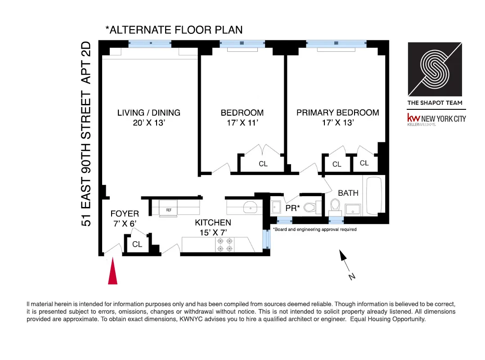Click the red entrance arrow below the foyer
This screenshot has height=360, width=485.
pyautogui.click(x=112, y=273)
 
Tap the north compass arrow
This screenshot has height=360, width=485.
pyautogui.click(x=344, y=257)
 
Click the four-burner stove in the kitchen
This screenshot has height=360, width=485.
pyautogui.click(x=225, y=245)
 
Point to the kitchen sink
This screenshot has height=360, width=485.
pyautogui.click(x=249, y=207)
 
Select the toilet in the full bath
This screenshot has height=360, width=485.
pyautogui.click(x=334, y=207)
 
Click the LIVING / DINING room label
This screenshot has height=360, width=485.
pyautogui.click(x=148, y=113)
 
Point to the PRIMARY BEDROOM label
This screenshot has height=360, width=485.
pyautogui.click(x=337, y=113)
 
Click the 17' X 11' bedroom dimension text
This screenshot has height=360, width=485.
pyautogui.click(x=242, y=122)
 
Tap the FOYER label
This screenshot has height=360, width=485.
pyautogui.click(x=125, y=214)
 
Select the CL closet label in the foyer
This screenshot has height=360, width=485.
pyautogui.click(x=137, y=244)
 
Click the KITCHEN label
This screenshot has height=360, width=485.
pyautogui.click(x=213, y=222)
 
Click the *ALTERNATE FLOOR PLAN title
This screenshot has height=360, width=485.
pyautogui.click(x=174, y=30)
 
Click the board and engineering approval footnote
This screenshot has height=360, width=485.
pyautogui.click(x=315, y=229)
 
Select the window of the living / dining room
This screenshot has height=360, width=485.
pyautogui.click(x=150, y=44)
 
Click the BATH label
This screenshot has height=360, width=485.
pyautogui.click(x=348, y=193)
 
